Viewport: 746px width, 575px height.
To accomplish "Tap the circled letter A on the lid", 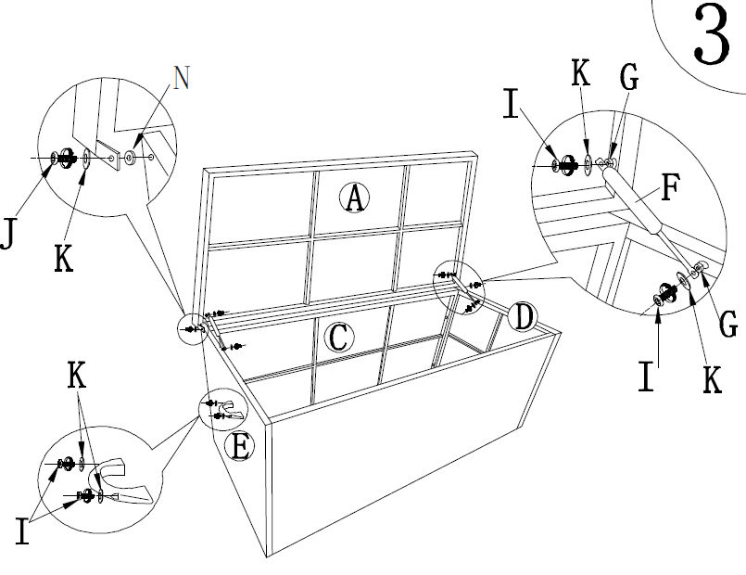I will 353,197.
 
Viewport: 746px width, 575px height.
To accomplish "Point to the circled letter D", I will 524,318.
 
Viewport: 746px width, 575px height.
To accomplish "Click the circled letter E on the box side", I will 240,447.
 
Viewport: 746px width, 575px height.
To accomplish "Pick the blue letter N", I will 182,78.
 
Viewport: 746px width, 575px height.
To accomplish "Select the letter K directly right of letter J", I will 62,259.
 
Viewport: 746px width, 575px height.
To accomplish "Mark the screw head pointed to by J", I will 55,158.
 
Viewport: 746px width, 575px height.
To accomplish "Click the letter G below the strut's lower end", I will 728,324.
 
